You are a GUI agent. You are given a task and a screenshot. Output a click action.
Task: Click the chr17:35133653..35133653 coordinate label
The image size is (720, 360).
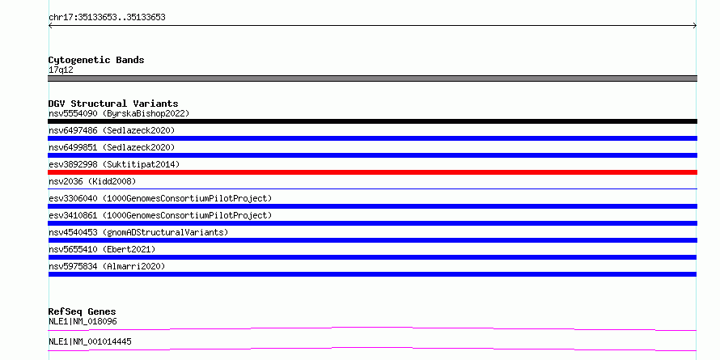point(107,18)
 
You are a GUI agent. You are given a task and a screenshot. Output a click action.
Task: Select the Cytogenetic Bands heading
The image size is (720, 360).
point(96,60)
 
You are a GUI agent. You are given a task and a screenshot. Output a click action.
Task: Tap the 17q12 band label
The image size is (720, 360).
point(61,70)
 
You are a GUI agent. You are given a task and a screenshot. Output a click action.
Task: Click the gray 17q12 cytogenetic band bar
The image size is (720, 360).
point(372,78)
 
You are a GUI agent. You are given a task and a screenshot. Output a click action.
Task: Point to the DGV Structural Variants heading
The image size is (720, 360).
point(113,104)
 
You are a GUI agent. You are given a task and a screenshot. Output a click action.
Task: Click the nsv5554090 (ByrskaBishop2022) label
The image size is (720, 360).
point(119,113)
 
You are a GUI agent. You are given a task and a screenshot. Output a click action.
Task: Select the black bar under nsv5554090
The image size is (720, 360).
point(372,121)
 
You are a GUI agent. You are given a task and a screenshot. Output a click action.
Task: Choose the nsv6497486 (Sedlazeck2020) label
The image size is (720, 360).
point(112,130)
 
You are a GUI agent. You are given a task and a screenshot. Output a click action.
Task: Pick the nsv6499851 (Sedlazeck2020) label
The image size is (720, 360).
point(112,147)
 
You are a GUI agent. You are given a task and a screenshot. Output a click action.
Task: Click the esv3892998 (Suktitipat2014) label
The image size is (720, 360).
point(114,164)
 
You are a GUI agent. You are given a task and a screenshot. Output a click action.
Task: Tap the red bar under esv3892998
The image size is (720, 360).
point(372,172)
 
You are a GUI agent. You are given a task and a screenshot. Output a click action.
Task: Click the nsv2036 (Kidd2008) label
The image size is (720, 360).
point(92,181)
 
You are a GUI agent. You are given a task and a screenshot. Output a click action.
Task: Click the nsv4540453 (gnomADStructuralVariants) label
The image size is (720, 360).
point(138,232)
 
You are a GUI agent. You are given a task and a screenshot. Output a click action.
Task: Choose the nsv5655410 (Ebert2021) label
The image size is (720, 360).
point(102,249)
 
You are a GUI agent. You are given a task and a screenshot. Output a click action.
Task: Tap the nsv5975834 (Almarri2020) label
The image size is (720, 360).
point(107,266)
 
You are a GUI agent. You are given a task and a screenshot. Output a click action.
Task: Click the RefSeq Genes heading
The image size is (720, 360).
point(83,311)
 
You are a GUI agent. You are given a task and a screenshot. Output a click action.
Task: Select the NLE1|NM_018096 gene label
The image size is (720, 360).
point(83,321)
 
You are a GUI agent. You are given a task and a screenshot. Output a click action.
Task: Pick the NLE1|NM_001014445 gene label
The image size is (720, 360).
point(90,341)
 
